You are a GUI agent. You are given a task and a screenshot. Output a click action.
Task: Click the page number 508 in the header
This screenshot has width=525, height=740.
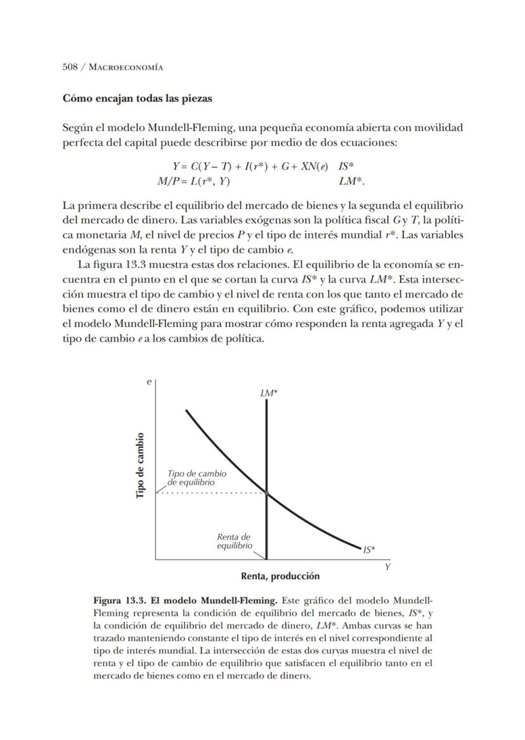coord(70,67)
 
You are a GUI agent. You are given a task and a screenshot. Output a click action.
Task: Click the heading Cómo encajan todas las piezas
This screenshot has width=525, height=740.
coord(137,99)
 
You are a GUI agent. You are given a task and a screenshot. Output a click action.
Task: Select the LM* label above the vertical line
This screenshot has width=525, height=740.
coord(269,393)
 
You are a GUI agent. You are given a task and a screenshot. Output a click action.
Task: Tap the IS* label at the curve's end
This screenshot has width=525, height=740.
coord(369,550)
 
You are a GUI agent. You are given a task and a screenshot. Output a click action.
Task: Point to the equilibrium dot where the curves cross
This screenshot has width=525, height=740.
coord(266,492)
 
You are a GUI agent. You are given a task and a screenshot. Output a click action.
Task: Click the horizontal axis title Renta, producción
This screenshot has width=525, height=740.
coord(280,576)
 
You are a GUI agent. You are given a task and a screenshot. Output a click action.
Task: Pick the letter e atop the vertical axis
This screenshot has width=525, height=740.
coord(149,382)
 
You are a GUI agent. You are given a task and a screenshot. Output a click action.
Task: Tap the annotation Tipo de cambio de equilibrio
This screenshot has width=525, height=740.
coord(196,478)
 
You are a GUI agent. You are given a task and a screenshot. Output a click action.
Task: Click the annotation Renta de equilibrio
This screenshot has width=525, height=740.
coord(235,541)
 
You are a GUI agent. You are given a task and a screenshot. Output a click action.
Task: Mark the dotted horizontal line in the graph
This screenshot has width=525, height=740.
coord(209,492)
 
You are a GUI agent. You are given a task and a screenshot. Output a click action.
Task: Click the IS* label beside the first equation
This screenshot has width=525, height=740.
coord(346,167)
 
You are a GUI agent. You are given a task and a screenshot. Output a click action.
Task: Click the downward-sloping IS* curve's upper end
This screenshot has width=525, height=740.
coord(187,411)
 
